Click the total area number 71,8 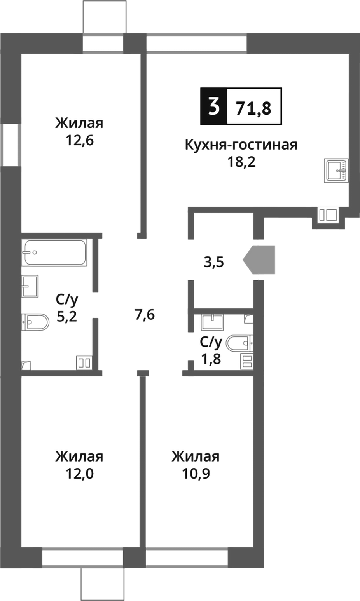coord(253,107)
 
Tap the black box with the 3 coord(213,106)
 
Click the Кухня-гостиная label coord(241,145)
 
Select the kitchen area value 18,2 coord(241,162)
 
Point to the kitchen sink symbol coord(336,170)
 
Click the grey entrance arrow coord(260,260)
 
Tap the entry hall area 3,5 coord(214,263)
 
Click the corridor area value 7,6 coord(145,314)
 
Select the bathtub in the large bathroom coord(54,252)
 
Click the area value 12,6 coord(79,140)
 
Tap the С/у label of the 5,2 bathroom coord(67,300)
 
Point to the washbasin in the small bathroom coord(212,322)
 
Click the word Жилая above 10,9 coord(196,456)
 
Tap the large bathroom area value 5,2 coord(67,317)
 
